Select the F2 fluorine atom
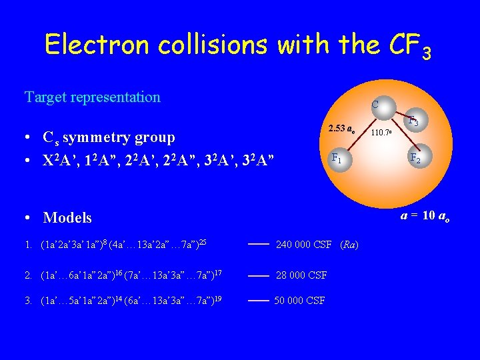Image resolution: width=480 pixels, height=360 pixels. pos(415,159)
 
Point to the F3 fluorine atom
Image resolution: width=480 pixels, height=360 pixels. pos(413,121)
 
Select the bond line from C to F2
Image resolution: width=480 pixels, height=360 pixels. pos(397,133)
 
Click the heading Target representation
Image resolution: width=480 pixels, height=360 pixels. pos(93,97)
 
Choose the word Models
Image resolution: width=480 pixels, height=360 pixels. pos(67,217)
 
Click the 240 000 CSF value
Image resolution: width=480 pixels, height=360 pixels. pos(303,245)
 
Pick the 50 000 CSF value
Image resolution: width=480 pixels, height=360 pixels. pos(300,301)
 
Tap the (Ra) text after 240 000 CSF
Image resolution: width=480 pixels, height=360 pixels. pos(349,245)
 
